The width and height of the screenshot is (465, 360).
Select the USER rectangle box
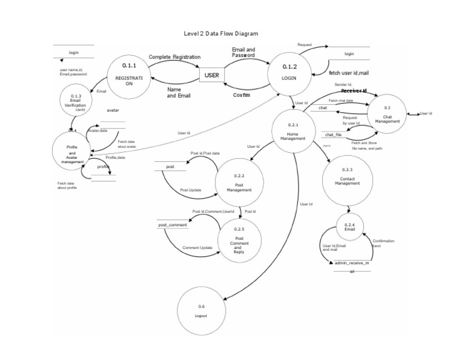tap(212, 76)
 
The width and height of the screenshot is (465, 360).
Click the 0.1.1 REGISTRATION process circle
tap(129, 76)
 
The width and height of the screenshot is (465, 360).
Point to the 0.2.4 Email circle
tap(349, 229)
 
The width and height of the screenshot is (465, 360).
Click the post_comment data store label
tap(173, 225)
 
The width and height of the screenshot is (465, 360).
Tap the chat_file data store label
tap(334, 135)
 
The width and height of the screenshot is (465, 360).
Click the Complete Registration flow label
tap(174, 56)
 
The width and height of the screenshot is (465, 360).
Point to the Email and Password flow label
tap(244, 52)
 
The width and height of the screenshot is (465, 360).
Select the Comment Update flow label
tap(197, 248)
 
